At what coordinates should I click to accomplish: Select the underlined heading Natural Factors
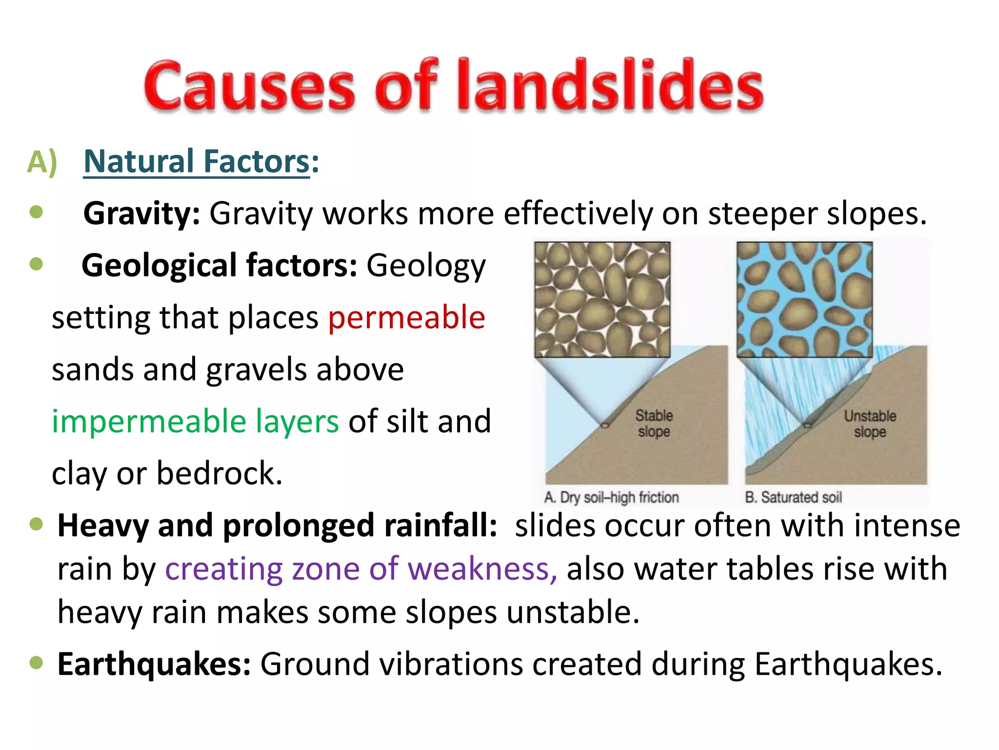click(x=197, y=162)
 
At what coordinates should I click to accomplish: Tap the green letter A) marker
click(x=42, y=162)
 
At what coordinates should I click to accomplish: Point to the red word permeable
click(x=406, y=317)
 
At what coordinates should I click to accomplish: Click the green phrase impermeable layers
click(x=195, y=421)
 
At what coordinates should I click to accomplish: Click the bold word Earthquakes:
click(x=154, y=664)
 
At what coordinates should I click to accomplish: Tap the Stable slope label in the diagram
click(x=654, y=423)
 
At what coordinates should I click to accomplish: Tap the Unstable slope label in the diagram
click(x=870, y=423)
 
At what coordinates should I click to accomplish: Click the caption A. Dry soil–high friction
click(x=611, y=497)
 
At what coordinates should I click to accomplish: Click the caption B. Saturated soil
click(x=793, y=497)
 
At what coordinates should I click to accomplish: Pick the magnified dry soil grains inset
click(x=602, y=299)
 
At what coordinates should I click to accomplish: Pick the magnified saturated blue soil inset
click(x=804, y=299)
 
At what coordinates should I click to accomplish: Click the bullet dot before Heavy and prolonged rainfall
click(x=37, y=524)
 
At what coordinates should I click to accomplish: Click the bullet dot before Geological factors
click(x=37, y=264)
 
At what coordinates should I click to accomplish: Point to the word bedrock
click(x=219, y=473)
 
